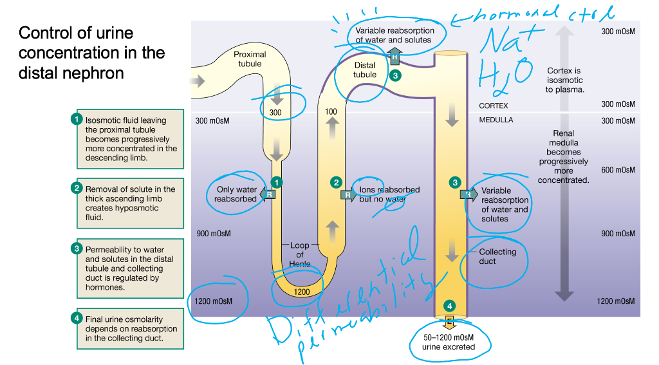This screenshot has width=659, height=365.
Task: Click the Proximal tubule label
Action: [249, 59]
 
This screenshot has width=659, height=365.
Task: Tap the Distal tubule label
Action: [365, 70]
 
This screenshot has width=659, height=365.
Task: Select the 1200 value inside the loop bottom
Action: [301, 292]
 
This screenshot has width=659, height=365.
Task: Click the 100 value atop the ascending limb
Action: [331, 111]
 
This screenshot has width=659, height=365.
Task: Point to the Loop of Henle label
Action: [300, 255]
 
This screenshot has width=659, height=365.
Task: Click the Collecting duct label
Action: [497, 256]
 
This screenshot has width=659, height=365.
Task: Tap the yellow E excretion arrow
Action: [449, 321]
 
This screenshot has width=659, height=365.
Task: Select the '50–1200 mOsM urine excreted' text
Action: [449, 342]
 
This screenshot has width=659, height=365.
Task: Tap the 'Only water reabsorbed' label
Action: [236, 194]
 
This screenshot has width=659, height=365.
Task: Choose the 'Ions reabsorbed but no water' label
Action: [389, 194]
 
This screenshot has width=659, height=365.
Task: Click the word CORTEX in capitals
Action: [494, 105]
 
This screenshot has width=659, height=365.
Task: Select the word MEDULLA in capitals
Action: [496, 120]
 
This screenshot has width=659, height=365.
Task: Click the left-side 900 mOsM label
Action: [213, 233]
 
